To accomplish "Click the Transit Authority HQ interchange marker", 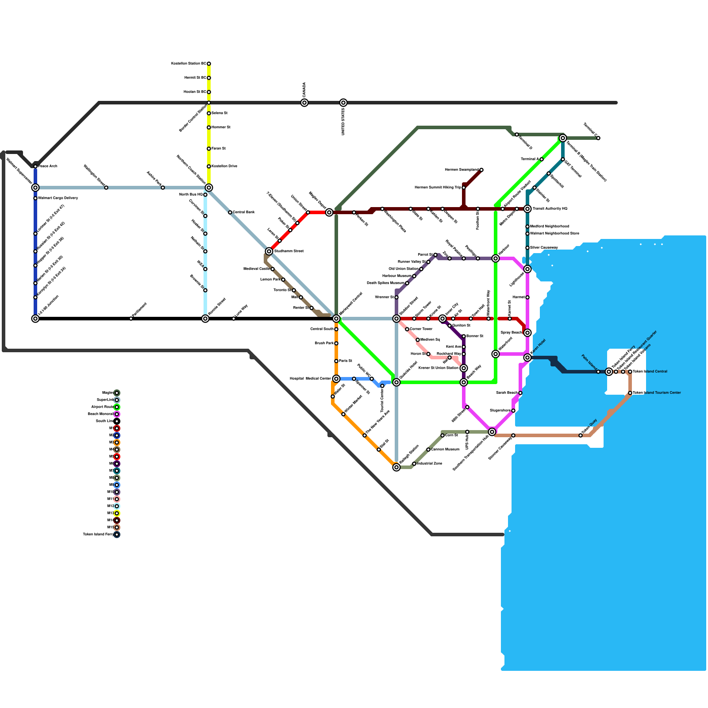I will [527, 209].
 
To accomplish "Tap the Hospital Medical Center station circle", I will [336, 379].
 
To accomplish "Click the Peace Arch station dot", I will [35, 166].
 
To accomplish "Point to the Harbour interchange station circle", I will [496, 258].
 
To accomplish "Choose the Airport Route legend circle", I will [117, 407].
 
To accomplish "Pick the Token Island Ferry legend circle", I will [117, 535].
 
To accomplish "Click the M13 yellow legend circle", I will [117, 513].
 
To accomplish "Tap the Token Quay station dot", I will [581, 435].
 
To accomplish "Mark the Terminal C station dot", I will [598, 138].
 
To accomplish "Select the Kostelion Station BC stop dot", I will [209, 64].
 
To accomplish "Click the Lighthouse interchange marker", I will [527, 269].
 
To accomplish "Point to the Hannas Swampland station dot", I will [481, 170].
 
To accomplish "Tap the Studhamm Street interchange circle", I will [269, 251].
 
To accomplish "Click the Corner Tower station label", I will [421, 329].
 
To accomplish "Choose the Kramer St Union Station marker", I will [464, 368].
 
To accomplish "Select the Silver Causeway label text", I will [544, 248].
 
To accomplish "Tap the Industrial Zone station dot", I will [414, 464].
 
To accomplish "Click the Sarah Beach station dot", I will [520, 393].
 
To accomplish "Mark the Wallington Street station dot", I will [106, 188].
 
